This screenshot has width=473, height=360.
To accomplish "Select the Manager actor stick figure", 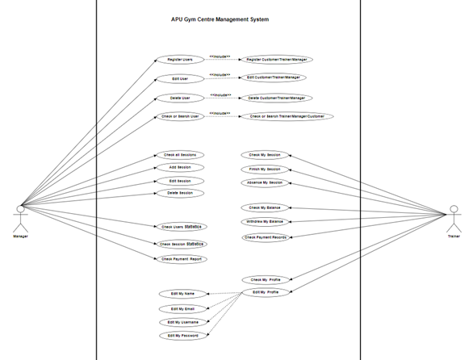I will [x=20, y=218].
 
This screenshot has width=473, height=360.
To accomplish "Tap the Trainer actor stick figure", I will [x=453, y=217].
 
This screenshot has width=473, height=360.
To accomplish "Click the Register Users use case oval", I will [x=180, y=60].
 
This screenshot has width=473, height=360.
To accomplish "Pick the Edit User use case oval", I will [x=180, y=79].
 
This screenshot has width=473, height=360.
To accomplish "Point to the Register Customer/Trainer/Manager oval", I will [x=276, y=60].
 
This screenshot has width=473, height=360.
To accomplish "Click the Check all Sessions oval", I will [x=180, y=155].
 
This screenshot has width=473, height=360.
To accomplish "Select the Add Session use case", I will [x=179, y=167].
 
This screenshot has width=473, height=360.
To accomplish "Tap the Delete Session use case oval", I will [x=179, y=193].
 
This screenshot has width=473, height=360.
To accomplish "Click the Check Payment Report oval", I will [x=181, y=259].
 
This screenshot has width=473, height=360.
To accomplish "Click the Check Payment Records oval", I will [x=265, y=237].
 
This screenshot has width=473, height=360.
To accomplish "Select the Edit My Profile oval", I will [x=266, y=291].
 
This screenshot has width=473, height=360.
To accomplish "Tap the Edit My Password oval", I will [x=183, y=335].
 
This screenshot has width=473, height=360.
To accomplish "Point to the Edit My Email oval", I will [x=183, y=308].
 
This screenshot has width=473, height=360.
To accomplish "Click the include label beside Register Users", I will [x=220, y=57].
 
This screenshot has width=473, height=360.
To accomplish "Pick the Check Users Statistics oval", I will [x=180, y=228].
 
